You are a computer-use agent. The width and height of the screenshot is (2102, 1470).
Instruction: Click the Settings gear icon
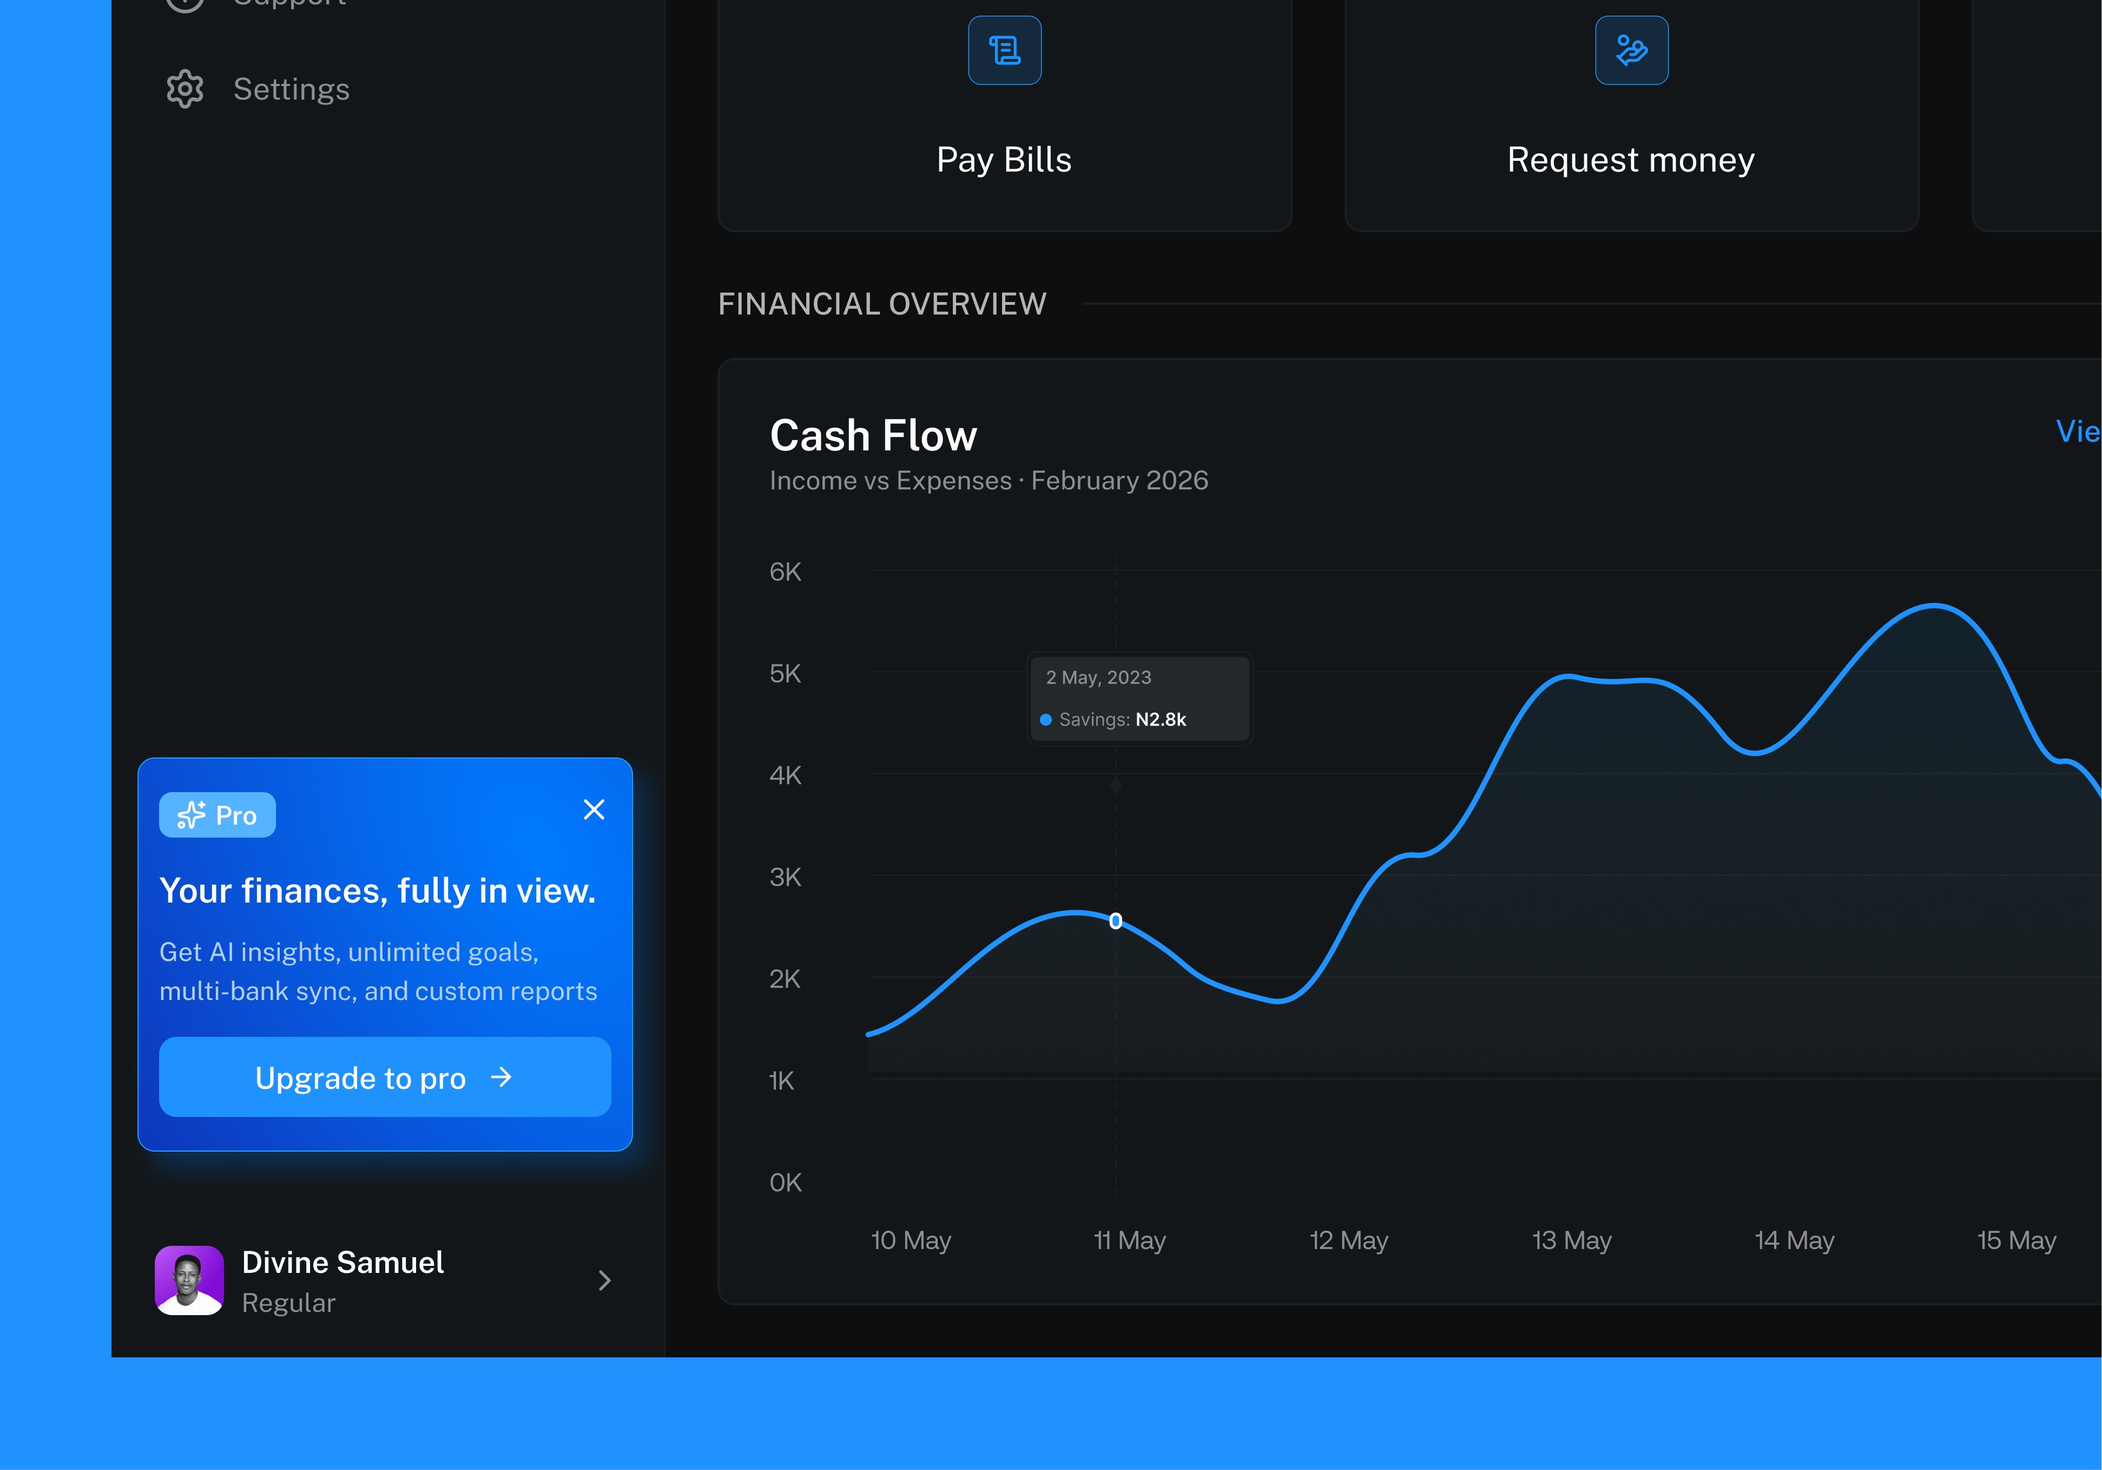point(185,89)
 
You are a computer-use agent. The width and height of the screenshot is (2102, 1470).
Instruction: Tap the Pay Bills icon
point(1004,50)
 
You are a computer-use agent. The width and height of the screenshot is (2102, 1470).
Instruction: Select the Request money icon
point(1631,50)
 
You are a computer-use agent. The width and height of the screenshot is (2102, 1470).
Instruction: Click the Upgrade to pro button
point(385,1077)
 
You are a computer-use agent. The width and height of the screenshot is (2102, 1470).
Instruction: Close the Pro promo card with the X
point(594,809)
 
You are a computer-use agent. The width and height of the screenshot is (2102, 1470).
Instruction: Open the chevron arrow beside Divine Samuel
point(604,1280)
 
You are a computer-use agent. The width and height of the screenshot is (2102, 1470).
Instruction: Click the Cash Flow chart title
point(873,435)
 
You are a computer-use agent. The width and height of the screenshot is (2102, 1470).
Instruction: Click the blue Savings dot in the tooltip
point(1045,720)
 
